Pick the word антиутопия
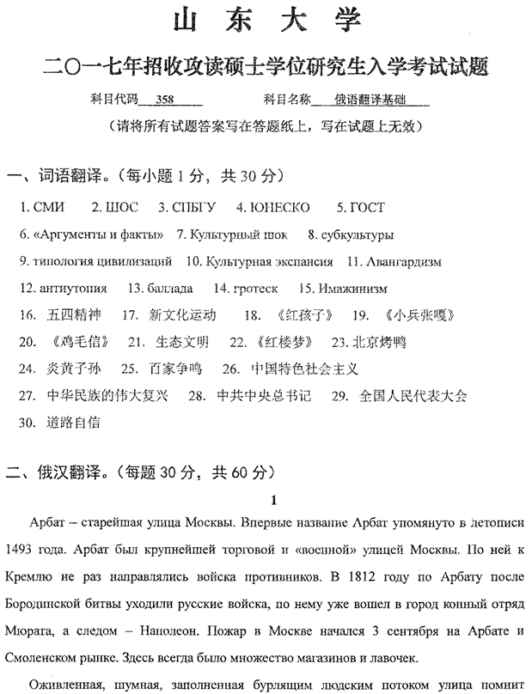(x=76, y=288)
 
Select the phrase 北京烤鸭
(x=379, y=341)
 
